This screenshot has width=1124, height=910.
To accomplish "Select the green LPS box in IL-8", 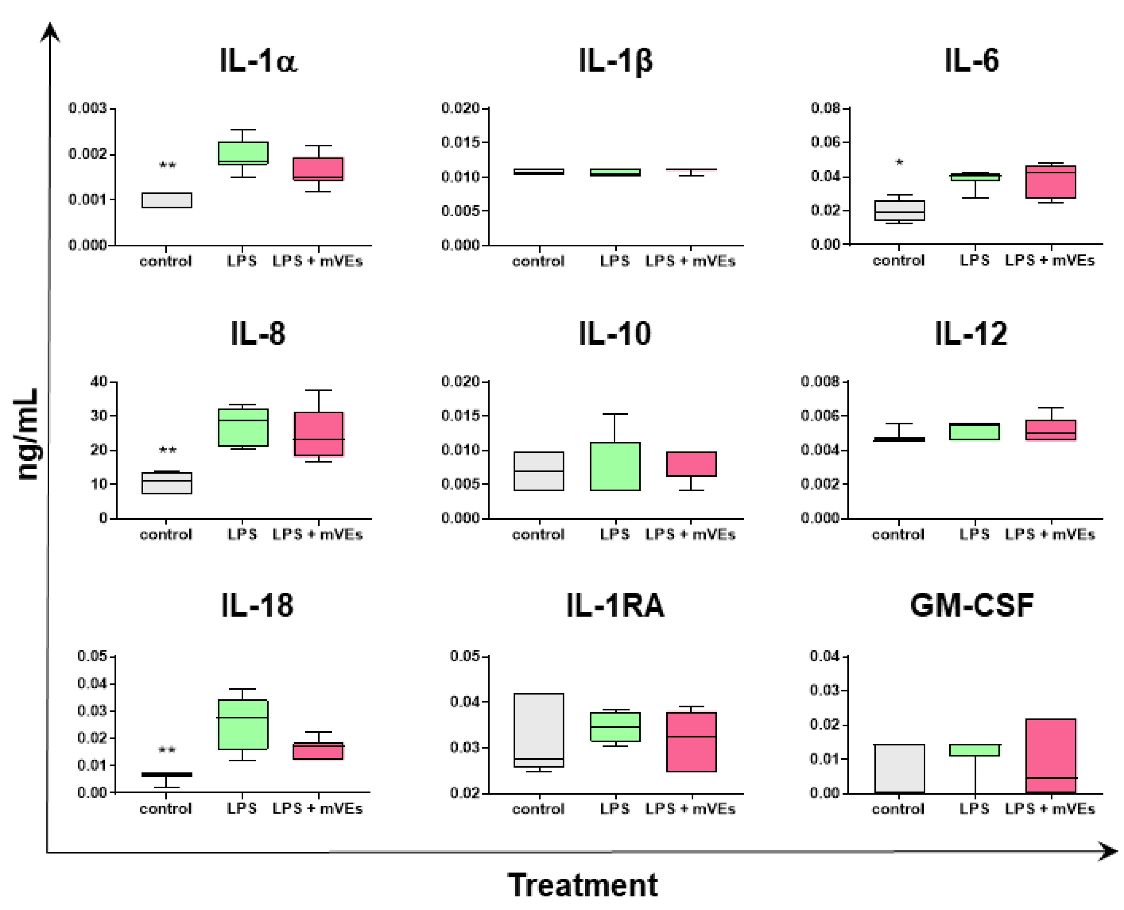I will click(243, 427).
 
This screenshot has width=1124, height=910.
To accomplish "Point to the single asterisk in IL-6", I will click(899, 163).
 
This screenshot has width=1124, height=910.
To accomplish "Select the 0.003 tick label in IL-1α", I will click(88, 108).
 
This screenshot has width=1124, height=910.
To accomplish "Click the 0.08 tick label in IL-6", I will click(825, 108).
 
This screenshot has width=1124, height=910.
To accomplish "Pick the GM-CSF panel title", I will click(972, 605).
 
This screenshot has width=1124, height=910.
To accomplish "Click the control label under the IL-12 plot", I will click(898, 535).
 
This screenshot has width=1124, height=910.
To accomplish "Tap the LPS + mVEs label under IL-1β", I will click(690, 261).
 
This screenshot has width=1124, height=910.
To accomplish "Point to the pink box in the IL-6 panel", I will click(1051, 182).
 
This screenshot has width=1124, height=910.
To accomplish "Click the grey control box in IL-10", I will click(539, 471).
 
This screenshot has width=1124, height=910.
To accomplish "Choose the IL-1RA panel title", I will click(615, 605).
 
